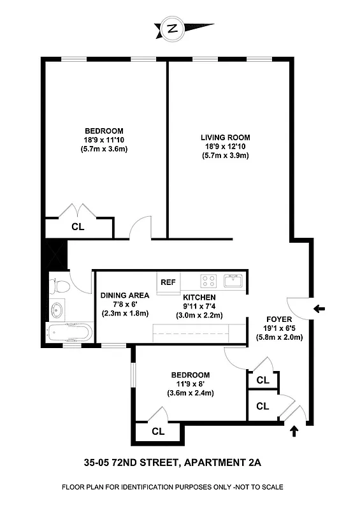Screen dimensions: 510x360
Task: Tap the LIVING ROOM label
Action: point(225,137)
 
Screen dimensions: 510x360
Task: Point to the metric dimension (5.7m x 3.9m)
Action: point(225,156)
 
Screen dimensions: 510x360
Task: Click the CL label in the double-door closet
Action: point(77,226)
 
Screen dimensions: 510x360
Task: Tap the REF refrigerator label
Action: point(168,282)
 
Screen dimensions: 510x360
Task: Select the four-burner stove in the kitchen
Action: point(208,280)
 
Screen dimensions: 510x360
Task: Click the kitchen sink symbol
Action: point(233,280)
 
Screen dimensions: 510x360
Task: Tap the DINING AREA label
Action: point(125,295)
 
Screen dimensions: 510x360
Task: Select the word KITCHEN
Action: point(199,297)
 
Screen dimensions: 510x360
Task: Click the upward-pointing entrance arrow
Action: point(294,431)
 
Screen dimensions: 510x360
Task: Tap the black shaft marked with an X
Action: point(53,255)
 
